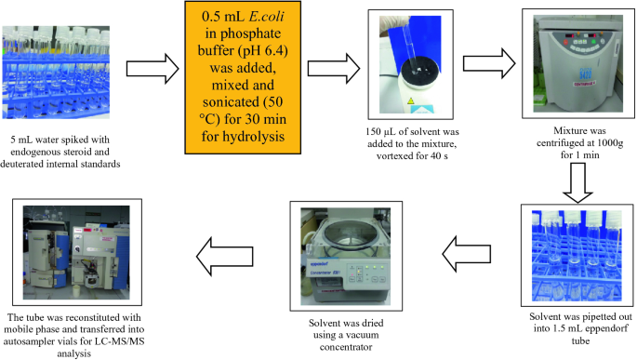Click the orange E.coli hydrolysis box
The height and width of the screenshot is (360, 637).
[x=243, y=77]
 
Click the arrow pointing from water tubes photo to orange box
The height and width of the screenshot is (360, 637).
[x=153, y=69]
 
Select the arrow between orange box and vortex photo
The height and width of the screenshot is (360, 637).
[x=334, y=69]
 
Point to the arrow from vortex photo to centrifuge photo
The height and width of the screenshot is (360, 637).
[x=489, y=63]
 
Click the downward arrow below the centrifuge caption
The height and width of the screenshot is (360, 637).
[x=577, y=182]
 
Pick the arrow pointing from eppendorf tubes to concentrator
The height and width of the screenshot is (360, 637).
[x=467, y=254]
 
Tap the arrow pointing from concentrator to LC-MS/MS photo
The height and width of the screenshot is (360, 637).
[x=225, y=257]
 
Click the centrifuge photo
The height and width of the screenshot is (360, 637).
[x=578, y=63]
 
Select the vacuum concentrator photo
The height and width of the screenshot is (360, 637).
[x=346, y=256]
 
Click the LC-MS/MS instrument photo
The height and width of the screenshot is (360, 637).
[x=77, y=252]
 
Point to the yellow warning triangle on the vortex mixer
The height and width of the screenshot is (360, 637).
[x=410, y=100]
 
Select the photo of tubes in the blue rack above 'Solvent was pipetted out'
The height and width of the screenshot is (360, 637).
[x=577, y=255]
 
